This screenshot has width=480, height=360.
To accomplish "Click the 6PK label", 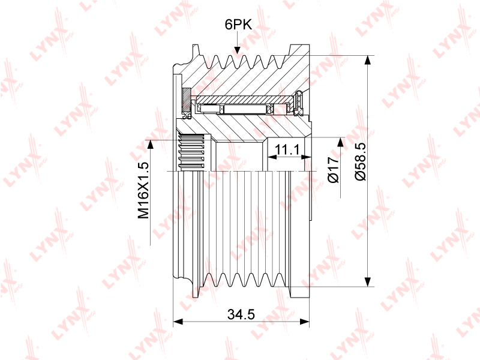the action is tap(238, 25).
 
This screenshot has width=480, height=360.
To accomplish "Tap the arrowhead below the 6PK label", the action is tap(237, 51).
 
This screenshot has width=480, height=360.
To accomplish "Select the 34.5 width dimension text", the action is tap(241, 314).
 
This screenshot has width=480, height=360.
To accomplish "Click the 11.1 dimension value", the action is tap(287, 149).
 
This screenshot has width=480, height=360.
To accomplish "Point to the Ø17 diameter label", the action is tap(334, 169).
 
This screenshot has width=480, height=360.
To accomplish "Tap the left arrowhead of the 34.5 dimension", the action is tap(178, 322).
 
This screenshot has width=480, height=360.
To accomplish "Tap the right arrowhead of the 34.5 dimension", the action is tap(305, 322).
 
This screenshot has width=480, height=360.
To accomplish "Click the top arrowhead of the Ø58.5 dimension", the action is tap(368, 60).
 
